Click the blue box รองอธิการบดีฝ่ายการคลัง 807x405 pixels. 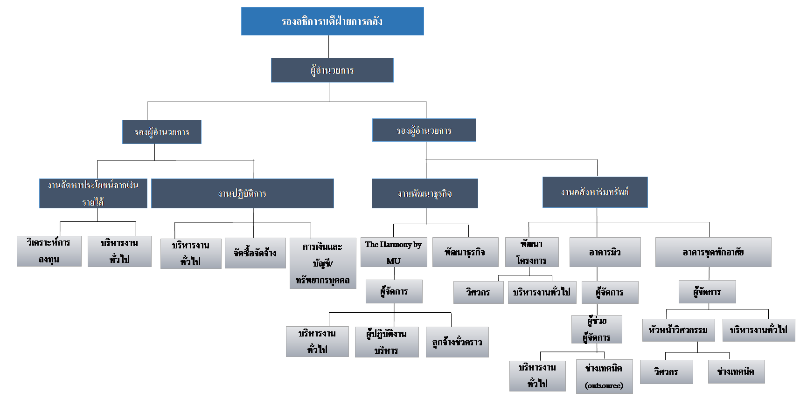pyautogui.click(x=332, y=21)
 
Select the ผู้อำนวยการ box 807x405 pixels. pyautogui.click(x=332, y=70)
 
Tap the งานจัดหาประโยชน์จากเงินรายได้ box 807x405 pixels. pyautogui.click(x=93, y=193)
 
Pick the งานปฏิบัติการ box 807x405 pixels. pyautogui.click(x=242, y=193)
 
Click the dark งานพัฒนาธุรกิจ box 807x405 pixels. pyautogui.click(x=424, y=193)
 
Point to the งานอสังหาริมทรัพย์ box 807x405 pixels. pyautogui.click(x=595, y=192)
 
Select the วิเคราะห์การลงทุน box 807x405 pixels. pyautogui.click(x=49, y=251)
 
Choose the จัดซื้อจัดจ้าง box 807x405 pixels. pyautogui.click(x=255, y=253)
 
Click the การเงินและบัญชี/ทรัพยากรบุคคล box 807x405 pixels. pyautogui.click(x=322, y=263)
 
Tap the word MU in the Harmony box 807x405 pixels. pyautogui.click(x=393, y=261)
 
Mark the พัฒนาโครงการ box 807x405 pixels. pyautogui.click(x=531, y=252)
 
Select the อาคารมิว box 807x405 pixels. pyautogui.click(x=605, y=252)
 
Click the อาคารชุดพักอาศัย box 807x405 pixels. pyautogui.click(x=713, y=252)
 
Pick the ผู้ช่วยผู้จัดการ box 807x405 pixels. pyautogui.click(x=597, y=329)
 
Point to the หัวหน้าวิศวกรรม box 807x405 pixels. pyautogui.click(x=678, y=330)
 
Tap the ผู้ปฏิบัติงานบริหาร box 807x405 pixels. pyautogui.click(x=386, y=342)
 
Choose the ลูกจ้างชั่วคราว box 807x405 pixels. pyautogui.click(x=457, y=342)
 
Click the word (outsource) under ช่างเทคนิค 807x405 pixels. pyautogui.click(x=604, y=385)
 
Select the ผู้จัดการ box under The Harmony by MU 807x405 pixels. pyautogui.click(x=394, y=292)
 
